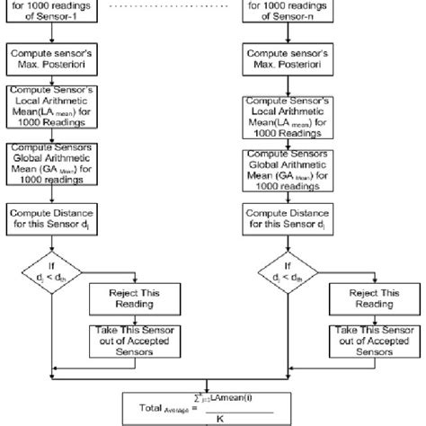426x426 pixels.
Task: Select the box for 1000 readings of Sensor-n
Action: (297, 11)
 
